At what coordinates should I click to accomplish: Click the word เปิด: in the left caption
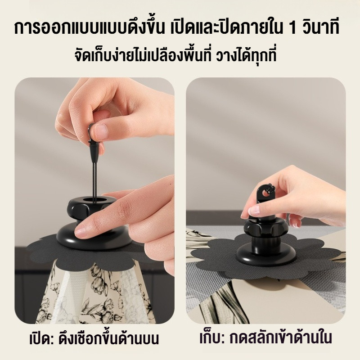[x=41, y=338]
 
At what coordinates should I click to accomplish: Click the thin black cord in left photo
[x=94, y=177]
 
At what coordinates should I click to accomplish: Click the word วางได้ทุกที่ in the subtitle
[x=246, y=54]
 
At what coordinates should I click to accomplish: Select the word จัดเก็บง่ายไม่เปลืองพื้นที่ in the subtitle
[x=143, y=54]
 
